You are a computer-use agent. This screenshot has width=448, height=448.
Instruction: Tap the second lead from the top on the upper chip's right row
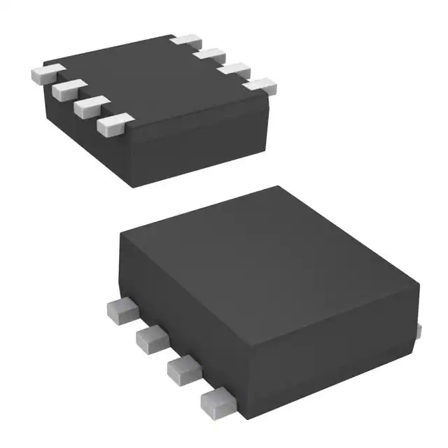point(210,55)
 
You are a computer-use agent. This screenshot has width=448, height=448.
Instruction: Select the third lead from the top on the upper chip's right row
point(235,70)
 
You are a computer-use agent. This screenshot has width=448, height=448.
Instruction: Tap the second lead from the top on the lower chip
point(152,339)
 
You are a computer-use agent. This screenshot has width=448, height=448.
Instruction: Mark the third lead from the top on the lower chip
point(185,370)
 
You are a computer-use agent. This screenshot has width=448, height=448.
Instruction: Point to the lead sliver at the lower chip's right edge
point(419,329)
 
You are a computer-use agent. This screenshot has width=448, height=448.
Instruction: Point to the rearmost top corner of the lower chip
point(279,188)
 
